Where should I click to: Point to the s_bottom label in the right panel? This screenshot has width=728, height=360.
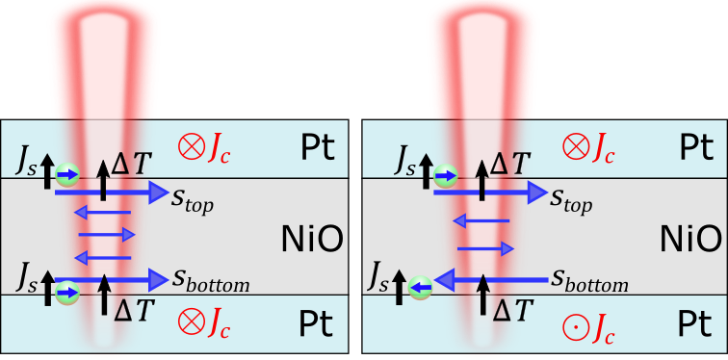tap(589, 283)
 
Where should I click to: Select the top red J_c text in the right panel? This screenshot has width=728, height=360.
tap(603, 149)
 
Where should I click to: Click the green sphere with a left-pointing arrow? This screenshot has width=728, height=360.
tap(416, 285)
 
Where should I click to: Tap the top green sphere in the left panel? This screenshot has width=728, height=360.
tap(65, 175)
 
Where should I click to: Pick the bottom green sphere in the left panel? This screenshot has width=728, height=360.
tap(65, 285)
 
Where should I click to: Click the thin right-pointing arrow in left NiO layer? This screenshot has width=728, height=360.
tap(105, 233)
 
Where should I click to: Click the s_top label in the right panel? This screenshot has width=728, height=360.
tap(571, 203)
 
